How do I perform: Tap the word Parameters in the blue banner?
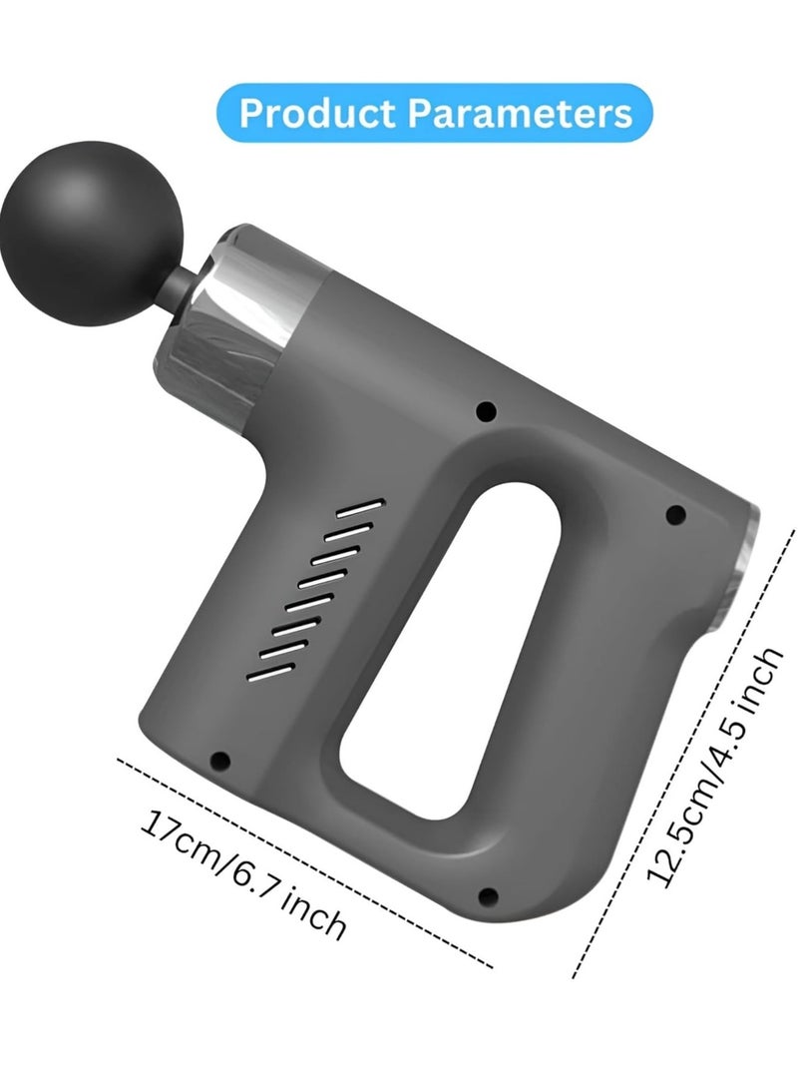[518, 113]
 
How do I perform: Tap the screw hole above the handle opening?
[486, 410]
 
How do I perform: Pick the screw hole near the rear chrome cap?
[674, 515]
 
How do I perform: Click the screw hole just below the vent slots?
[221, 759]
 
